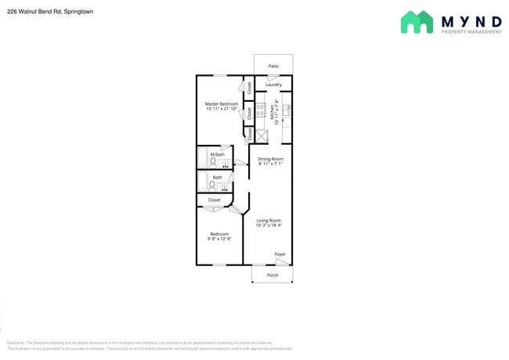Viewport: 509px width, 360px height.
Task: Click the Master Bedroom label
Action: tap(222, 104)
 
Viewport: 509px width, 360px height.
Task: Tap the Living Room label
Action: tap(269, 221)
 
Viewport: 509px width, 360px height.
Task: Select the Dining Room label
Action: tap(270, 159)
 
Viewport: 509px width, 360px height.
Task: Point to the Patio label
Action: tap(273, 67)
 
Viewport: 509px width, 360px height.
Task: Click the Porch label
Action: tap(273, 275)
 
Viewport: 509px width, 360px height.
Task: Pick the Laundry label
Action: tap(273, 85)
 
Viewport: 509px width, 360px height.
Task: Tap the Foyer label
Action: tap(280, 254)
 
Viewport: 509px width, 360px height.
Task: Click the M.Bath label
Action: tap(217, 154)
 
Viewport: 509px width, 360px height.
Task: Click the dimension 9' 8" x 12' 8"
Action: tap(219, 239)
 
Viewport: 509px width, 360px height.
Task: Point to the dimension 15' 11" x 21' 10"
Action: tap(222, 110)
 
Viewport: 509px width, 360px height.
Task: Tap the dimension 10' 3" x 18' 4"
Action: tap(269, 226)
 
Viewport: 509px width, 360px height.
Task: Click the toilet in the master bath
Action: tap(212, 163)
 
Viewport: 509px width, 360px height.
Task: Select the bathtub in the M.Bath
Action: tap(201, 159)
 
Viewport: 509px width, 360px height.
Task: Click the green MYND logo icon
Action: tap(417, 22)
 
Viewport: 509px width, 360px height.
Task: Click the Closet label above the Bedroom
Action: tap(214, 200)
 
